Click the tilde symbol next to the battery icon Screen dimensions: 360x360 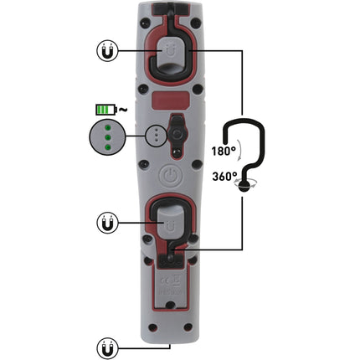coord(123,109)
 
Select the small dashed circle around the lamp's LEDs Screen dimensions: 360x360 coord(154,136)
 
